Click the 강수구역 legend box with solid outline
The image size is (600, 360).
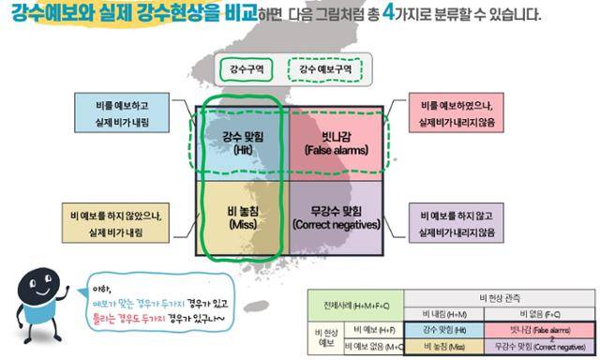[x=247, y=68]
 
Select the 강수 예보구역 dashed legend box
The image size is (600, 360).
[x=324, y=68]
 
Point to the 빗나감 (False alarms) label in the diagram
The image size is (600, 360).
[x=336, y=142]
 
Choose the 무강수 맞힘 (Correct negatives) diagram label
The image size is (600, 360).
[x=336, y=218]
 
